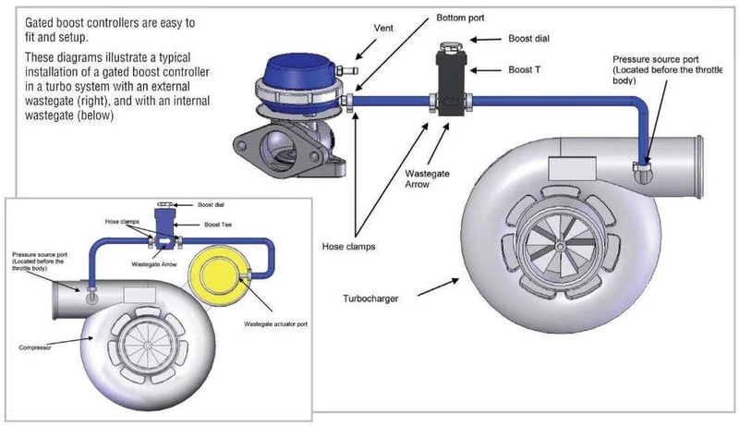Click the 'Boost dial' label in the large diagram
click(x=528, y=39)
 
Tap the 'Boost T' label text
click(x=524, y=69)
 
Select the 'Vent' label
click(x=383, y=29)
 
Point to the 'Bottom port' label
click(x=460, y=18)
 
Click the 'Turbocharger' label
click(x=370, y=298)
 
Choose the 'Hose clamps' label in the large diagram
click(x=349, y=247)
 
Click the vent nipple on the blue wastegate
click(x=347, y=70)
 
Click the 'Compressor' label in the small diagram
click(x=35, y=347)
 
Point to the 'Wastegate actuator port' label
click(x=275, y=324)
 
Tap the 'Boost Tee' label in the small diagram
click(x=218, y=225)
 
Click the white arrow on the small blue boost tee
click(x=164, y=242)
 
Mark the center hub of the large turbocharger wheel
click(x=560, y=247)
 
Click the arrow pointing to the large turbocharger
click(x=438, y=287)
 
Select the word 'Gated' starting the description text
click(x=40, y=23)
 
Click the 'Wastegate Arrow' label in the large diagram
click(x=427, y=179)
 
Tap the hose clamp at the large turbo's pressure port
click(x=642, y=166)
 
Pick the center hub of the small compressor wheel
click(x=147, y=346)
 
